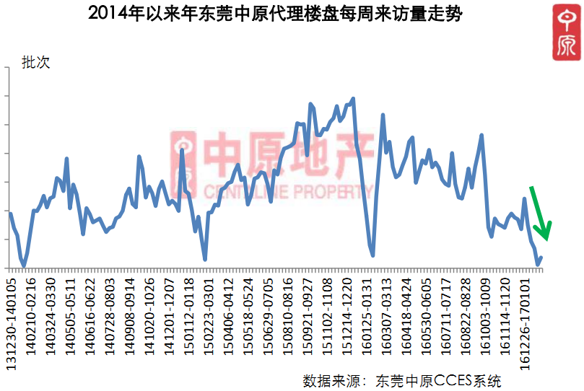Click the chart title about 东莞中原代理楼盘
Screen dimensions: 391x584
[274, 14]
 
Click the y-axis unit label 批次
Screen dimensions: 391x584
[35, 63]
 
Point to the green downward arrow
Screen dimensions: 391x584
[541, 213]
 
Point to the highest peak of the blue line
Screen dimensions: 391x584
[353, 98]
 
